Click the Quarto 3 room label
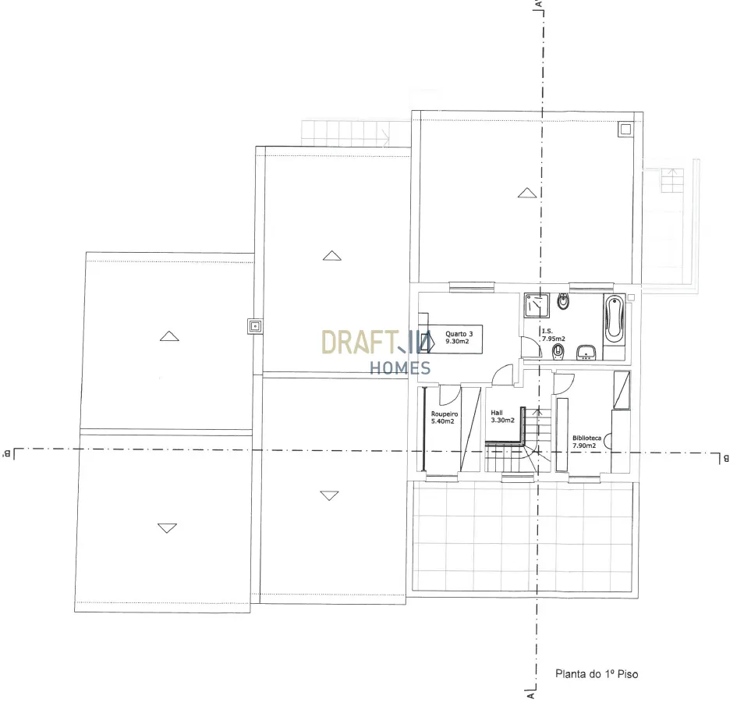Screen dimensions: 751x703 click(x=459, y=334)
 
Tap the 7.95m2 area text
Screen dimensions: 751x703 click(x=553, y=339)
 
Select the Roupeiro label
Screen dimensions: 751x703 click(x=445, y=414)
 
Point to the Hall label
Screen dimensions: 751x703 click(x=497, y=413)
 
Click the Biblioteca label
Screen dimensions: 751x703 click(x=586, y=438)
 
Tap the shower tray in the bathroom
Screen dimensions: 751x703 click(x=537, y=306)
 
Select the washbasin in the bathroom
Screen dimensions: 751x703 click(x=586, y=352)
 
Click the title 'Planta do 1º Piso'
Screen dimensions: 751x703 click(x=597, y=674)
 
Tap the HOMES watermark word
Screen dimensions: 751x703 click(x=400, y=367)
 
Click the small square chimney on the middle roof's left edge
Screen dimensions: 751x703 click(x=255, y=326)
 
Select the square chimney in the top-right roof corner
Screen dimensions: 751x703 click(x=625, y=129)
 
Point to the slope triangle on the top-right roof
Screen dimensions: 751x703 click(x=527, y=193)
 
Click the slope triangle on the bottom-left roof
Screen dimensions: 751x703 click(x=167, y=528)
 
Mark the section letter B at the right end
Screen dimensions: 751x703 click(x=726, y=459)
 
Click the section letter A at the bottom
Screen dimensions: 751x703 click(x=530, y=695)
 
